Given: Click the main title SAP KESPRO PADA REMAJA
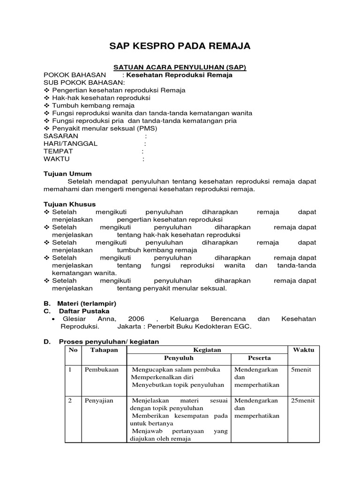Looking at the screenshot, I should pyautogui.click(x=180, y=46).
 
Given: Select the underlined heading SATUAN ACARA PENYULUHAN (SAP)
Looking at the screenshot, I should pyautogui.click(x=180, y=67).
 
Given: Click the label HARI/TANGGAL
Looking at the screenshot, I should pyautogui.click(x=70, y=143).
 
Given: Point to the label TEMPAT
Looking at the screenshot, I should pyautogui.click(x=58, y=151).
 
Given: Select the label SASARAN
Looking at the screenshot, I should pyautogui.click(x=61, y=136).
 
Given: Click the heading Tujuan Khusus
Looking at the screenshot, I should pyautogui.click(x=69, y=204).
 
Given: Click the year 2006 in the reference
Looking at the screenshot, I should pyautogui.click(x=136, y=319).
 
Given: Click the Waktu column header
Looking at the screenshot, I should pyautogui.click(x=303, y=350).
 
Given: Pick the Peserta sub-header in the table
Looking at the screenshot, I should pyautogui.click(x=259, y=358).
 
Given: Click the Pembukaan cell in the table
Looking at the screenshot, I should pyautogui.click(x=100, y=370).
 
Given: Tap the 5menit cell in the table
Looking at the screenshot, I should pyautogui.click(x=301, y=370).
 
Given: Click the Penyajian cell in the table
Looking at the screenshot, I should pyautogui.click(x=99, y=401).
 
